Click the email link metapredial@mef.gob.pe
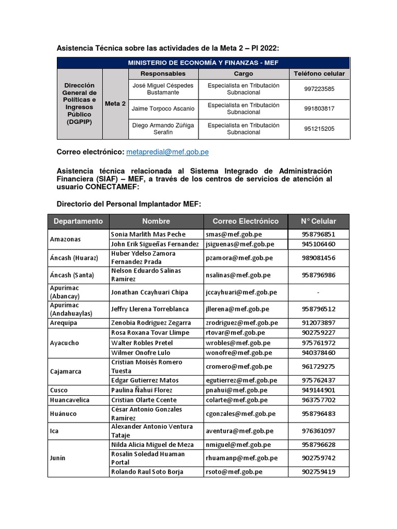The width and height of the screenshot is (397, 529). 167,152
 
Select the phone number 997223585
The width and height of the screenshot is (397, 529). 319,89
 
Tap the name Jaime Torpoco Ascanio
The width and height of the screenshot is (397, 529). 163,109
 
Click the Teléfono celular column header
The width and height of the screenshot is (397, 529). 319,74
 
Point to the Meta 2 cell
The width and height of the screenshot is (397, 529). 115,103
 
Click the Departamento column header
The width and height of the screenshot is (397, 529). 78,221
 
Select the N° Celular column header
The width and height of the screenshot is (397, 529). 318,221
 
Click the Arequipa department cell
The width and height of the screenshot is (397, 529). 63,323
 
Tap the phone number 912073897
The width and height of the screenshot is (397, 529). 318,323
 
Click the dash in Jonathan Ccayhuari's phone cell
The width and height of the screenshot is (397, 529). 318,292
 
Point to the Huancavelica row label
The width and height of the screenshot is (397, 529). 70,400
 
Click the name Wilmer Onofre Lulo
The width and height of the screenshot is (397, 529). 141,353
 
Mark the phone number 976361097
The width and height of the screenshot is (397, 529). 318,431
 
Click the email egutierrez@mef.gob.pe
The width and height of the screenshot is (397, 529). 241,380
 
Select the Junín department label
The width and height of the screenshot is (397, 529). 58,458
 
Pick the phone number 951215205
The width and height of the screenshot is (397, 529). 319,129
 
